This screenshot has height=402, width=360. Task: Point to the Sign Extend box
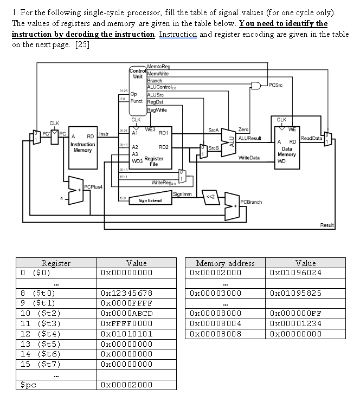pyautogui.click(x=150, y=200)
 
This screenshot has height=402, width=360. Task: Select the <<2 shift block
pyautogui.click(x=209, y=196)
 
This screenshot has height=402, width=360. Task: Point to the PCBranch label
pyautogui.click(x=250, y=202)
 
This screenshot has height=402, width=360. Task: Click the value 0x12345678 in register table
pyautogui.click(x=127, y=293)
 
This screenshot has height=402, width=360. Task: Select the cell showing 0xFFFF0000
pyautogui.click(x=127, y=324)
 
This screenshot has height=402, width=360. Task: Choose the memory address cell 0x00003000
pyautogui.click(x=216, y=293)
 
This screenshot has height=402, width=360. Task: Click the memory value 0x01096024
pyautogui.click(x=295, y=273)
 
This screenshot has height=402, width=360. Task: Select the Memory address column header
pyautogui.click(x=225, y=263)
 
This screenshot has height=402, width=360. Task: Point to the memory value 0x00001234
pyautogui.click(x=295, y=324)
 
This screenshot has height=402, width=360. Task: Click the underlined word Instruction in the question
pyautogui.click(x=177, y=34)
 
